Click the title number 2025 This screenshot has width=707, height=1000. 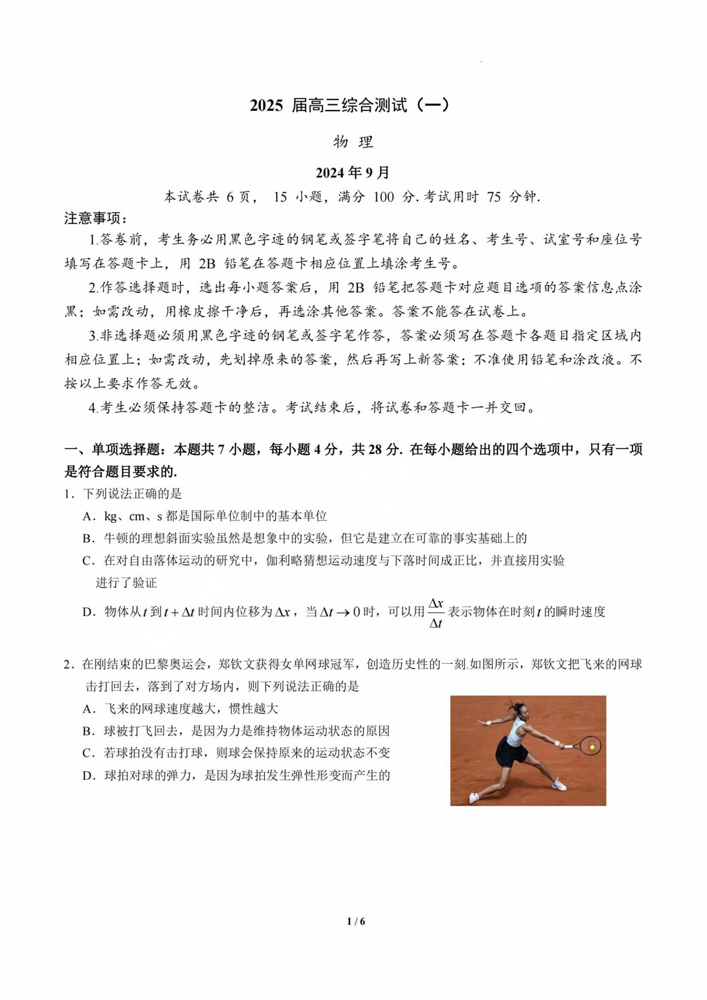click(266, 106)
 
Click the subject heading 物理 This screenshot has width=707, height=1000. click(353, 142)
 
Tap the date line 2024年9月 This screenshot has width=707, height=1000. click(353, 173)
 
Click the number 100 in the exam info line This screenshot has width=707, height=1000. click(383, 197)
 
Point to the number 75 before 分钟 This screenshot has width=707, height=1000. click(494, 197)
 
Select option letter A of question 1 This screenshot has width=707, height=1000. click(89, 516)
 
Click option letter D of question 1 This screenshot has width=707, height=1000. click(89, 612)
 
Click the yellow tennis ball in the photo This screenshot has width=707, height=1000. click(592, 747)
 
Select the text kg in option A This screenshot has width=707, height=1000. click(111, 517)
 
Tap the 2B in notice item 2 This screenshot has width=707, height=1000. click(356, 288)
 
